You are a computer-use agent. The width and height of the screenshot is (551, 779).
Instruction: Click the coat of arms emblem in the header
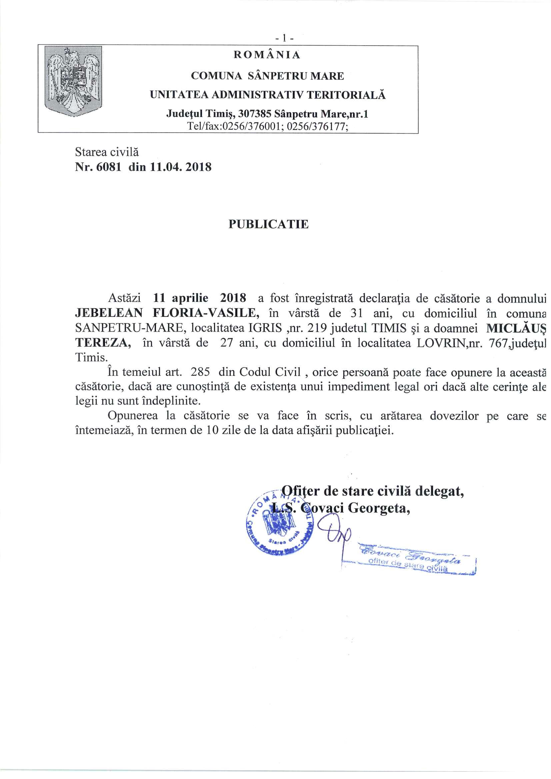click(x=73, y=81)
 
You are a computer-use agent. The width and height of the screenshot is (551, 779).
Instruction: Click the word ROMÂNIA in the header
click(x=267, y=55)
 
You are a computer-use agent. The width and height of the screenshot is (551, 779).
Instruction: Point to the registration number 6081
click(x=109, y=167)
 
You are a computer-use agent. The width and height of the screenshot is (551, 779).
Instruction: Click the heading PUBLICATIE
click(x=268, y=224)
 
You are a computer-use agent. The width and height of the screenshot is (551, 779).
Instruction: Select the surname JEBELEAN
click(x=109, y=313)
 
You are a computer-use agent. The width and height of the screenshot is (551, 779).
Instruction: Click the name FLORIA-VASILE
click(x=206, y=313)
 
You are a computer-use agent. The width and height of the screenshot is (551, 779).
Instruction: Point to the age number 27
click(x=226, y=343)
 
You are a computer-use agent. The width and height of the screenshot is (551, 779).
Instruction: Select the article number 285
click(x=200, y=372)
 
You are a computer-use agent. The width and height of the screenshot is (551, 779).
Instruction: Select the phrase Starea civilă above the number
click(x=107, y=152)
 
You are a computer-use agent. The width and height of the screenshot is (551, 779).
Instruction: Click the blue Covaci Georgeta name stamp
click(x=409, y=560)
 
